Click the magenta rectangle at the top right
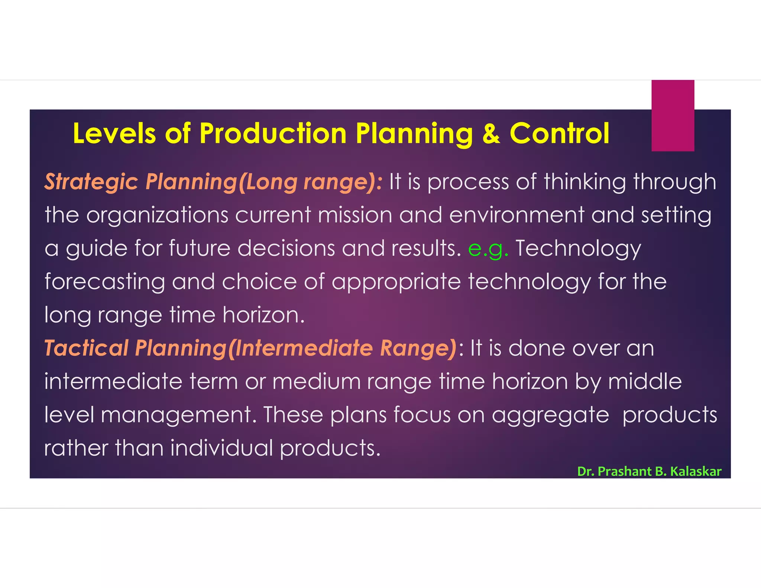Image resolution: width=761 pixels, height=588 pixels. (673, 115)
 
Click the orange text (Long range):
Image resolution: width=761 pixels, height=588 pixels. (311, 182)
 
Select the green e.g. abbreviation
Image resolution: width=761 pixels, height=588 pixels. (488, 249)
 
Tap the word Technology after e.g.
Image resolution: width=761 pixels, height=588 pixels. (578, 249)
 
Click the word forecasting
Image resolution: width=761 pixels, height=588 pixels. (105, 282)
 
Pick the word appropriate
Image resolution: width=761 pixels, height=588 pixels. (396, 282)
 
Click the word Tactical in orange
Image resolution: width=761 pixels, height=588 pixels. (86, 348)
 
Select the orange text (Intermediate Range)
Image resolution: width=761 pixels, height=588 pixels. (342, 348)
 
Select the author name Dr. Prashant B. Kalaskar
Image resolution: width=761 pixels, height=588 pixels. (649, 471)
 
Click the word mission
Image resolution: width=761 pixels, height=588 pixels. (355, 215)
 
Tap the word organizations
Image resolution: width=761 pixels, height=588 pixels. (157, 215)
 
